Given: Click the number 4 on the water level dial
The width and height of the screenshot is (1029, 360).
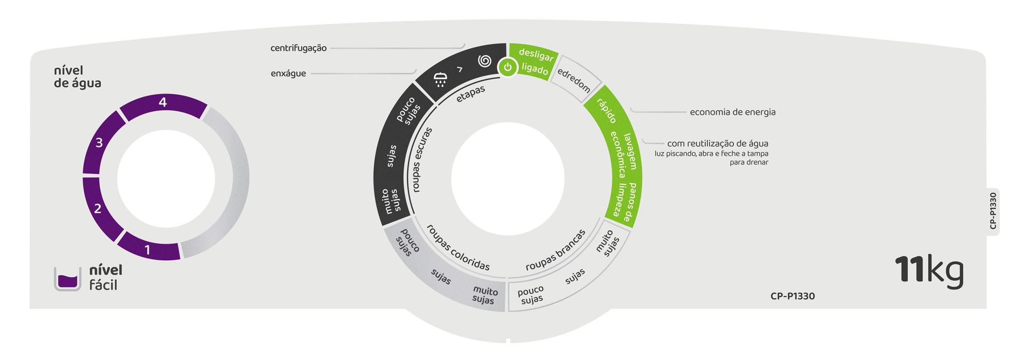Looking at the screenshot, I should pos(163,102).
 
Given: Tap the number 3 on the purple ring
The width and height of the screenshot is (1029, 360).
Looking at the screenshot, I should pos(99,142).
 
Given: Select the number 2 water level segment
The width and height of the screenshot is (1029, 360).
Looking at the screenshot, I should pos(97,208).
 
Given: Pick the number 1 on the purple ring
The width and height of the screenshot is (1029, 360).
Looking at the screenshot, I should pos(148,250).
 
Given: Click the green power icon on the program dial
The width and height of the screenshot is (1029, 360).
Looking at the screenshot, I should pos(507,67).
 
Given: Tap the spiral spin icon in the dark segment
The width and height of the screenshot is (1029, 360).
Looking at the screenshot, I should pos(484,61).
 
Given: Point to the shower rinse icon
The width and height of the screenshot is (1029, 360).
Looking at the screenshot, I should pos(440,79).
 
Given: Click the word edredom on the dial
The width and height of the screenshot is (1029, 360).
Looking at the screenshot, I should pos(574,80).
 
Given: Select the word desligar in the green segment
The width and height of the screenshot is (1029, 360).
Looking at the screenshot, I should pos(536,55).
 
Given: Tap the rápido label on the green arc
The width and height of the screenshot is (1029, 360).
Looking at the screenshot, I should pos(607,111).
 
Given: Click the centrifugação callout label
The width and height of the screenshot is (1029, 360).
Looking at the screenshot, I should pos(298,48).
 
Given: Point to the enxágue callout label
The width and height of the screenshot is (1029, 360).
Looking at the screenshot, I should pos(288,74).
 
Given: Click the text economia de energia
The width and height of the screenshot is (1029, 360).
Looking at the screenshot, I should pos(732,112).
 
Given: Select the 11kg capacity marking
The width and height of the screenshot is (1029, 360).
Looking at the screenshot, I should pos(929,269).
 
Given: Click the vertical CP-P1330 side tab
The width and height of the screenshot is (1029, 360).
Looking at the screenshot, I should pos(993,211).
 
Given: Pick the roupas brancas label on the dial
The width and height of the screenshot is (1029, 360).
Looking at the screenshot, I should pos(555,250).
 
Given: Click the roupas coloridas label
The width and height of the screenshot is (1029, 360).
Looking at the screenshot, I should pos(458,248).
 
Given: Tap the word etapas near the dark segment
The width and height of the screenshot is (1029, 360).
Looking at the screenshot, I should pos(470,94).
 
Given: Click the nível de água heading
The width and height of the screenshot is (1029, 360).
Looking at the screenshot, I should pos(77,77).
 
